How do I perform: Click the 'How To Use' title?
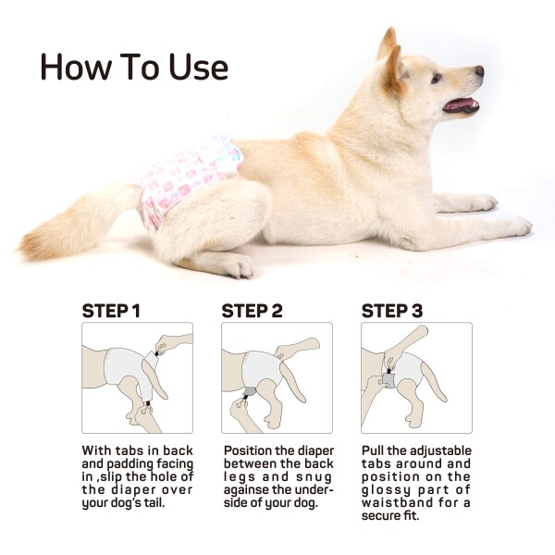pos(134,67)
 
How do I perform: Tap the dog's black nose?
pos(479,70)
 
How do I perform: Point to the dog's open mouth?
pos(460,104)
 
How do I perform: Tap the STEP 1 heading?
pos(111,310)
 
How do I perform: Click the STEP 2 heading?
pos(252,310)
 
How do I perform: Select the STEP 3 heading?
pos(391,310)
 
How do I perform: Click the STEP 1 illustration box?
pos(137,377)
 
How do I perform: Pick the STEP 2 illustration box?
pos(277,377)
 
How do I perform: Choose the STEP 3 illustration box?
pos(416,377)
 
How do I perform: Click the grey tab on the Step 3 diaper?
pos(389,380)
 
